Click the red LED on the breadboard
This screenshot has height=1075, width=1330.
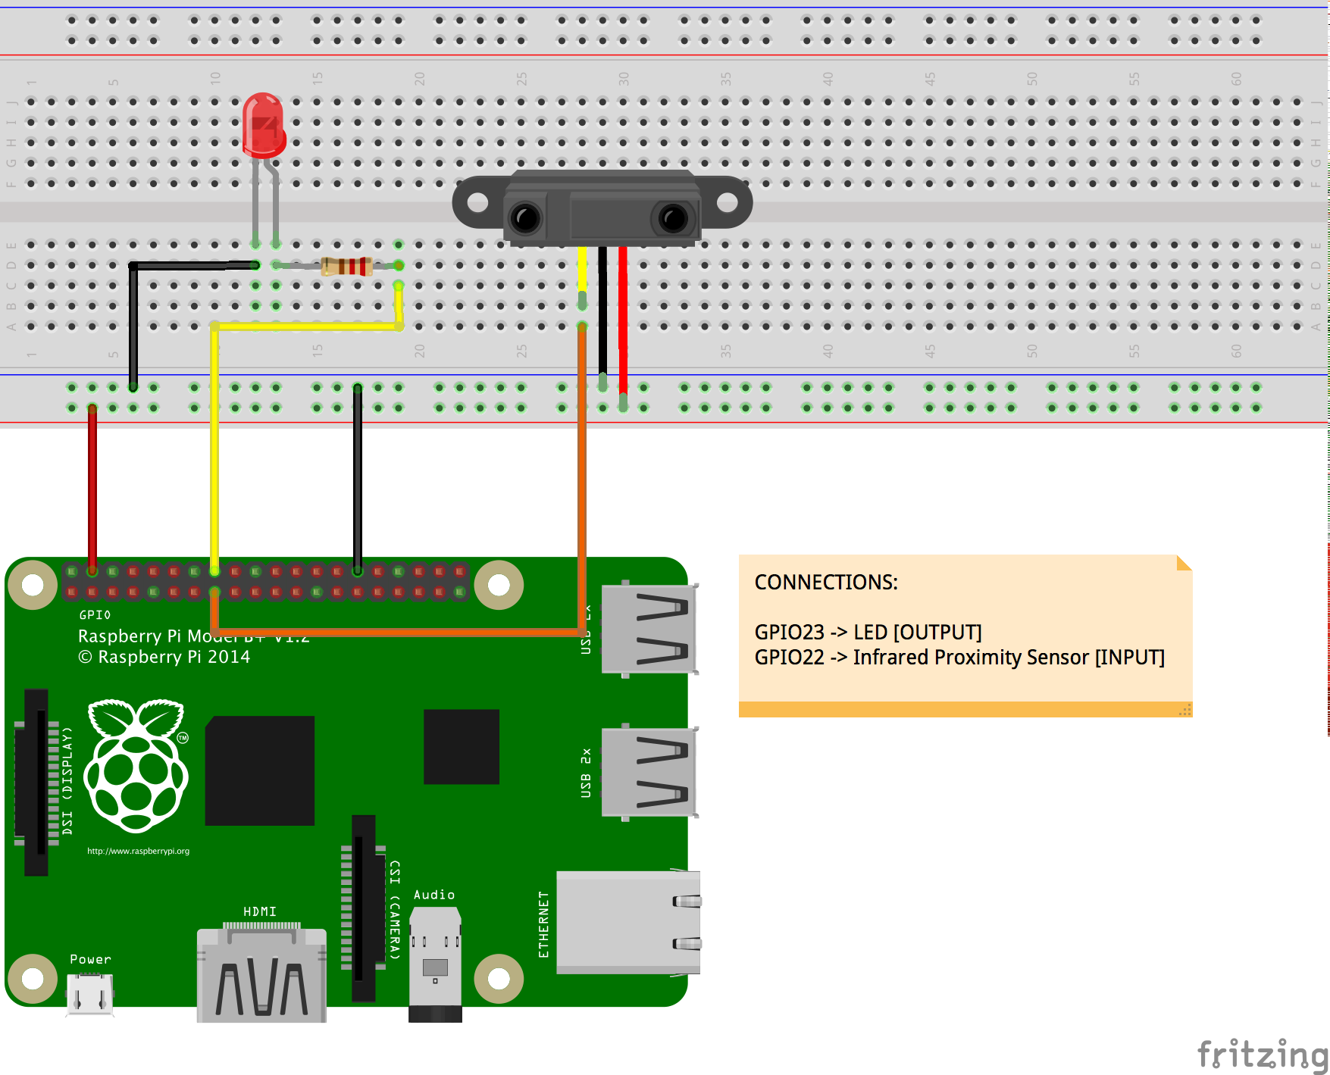(263, 125)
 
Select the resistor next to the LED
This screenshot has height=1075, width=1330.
(346, 266)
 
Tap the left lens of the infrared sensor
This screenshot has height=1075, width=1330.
(525, 218)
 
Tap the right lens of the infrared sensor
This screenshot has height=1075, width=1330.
(672, 218)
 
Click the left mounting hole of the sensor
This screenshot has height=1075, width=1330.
(477, 202)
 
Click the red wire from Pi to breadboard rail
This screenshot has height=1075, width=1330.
(92, 485)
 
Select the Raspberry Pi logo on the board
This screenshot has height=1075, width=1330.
(136, 765)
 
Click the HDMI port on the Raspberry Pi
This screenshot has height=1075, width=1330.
(261, 977)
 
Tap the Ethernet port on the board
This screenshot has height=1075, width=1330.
(627, 923)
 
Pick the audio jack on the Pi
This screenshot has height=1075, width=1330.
(435, 962)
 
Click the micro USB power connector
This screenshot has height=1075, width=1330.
(89, 994)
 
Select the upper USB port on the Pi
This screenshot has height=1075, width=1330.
(649, 629)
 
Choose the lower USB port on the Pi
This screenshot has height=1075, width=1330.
(649, 772)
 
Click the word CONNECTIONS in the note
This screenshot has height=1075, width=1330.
(826, 582)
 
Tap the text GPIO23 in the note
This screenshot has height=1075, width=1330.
(789, 632)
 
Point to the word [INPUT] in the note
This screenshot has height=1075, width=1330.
(1129, 657)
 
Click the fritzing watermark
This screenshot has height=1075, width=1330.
(1262, 1055)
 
